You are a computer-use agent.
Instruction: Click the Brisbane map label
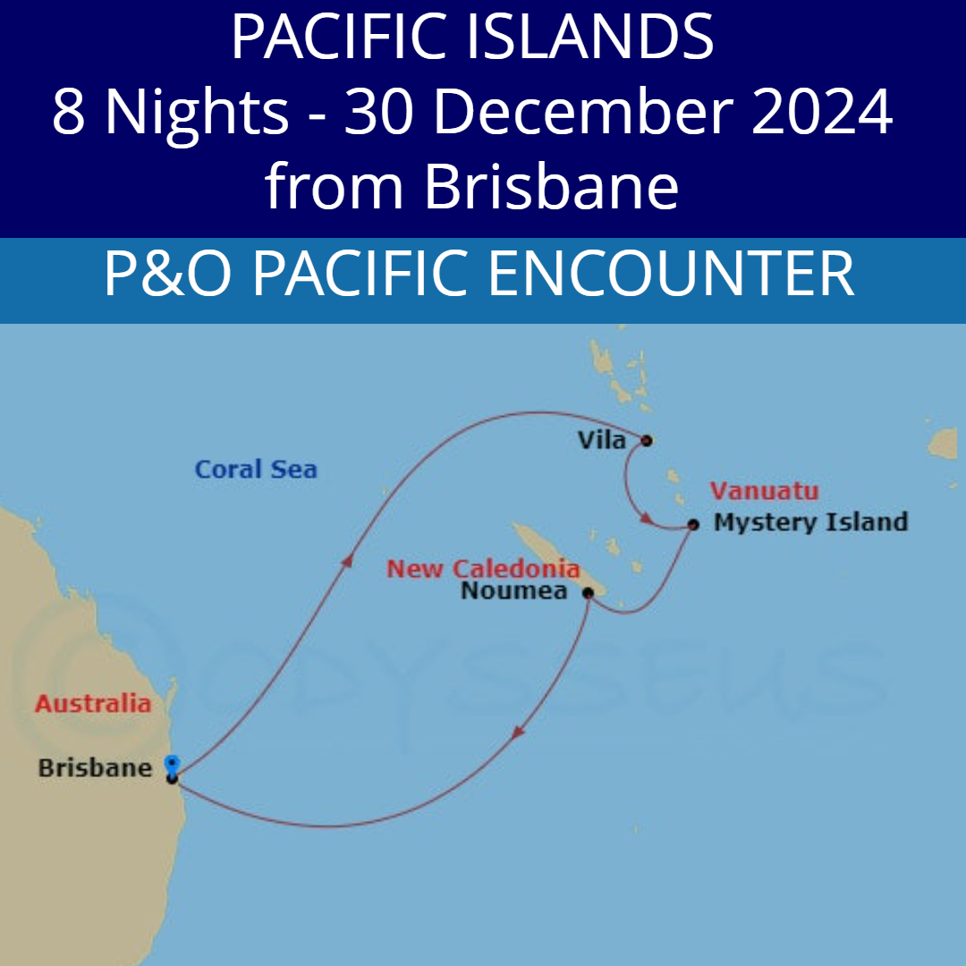pos(95,767)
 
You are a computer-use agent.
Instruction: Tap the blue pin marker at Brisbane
pos(172,765)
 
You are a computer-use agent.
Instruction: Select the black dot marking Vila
pos(646,440)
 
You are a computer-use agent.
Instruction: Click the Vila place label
pos(602,440)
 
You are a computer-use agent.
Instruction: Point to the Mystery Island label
pos(810,522)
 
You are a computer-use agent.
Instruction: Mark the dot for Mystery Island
pos(693,524)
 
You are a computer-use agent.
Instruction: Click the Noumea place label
pos(514,590)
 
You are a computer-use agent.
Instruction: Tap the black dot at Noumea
pos(588,591)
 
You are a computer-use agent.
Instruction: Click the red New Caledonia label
pos(483,568)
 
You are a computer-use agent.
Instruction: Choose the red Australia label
pos(93,703)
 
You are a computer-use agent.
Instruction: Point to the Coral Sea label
pos(256,470)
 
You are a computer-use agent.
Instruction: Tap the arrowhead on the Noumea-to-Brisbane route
pos(517,732)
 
